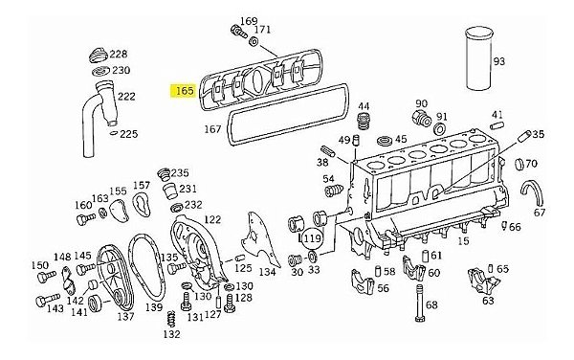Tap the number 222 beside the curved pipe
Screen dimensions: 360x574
(125, 96)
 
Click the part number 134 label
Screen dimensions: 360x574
(268, 272)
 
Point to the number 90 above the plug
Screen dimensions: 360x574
(421, 103)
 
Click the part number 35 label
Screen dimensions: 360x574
(538, 135)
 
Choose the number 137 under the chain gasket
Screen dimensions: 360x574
(124, 316)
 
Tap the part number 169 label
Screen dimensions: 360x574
(248, 21)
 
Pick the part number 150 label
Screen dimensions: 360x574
(39, 265)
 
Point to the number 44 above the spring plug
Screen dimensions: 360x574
(364, 106)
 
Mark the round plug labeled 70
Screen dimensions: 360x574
(524, 165)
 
